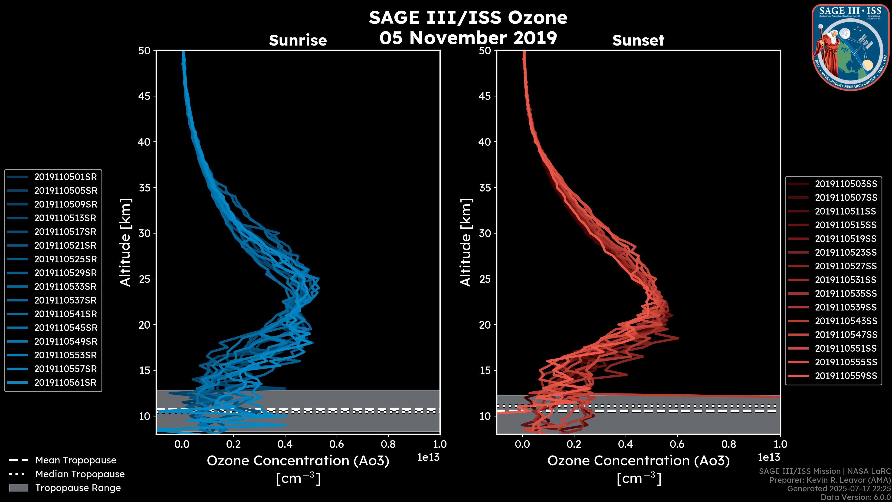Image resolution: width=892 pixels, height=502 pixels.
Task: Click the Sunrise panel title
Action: tap(298, 40)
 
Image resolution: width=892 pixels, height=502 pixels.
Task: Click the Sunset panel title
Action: tap(638, 40)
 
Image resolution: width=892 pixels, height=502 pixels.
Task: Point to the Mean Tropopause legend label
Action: tap(76, 460)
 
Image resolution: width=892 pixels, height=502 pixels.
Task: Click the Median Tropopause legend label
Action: tap(80, 474)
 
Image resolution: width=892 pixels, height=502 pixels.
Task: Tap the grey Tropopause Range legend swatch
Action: tap(18, 488)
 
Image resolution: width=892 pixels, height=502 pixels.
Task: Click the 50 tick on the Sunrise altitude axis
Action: tap(144, 51)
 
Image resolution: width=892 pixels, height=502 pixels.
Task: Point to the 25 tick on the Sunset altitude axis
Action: tap(485, 279)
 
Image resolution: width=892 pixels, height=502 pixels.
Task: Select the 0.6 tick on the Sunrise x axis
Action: tap(337, 444)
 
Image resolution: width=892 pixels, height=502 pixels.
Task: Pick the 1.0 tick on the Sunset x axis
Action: tap(780, 444)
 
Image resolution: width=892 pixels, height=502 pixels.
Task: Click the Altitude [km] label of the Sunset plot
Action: tap(466, 242)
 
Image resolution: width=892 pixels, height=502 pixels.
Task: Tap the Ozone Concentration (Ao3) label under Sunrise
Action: tap(298, 461)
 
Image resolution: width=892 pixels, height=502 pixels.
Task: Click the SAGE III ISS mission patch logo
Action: tap(850, 47)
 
